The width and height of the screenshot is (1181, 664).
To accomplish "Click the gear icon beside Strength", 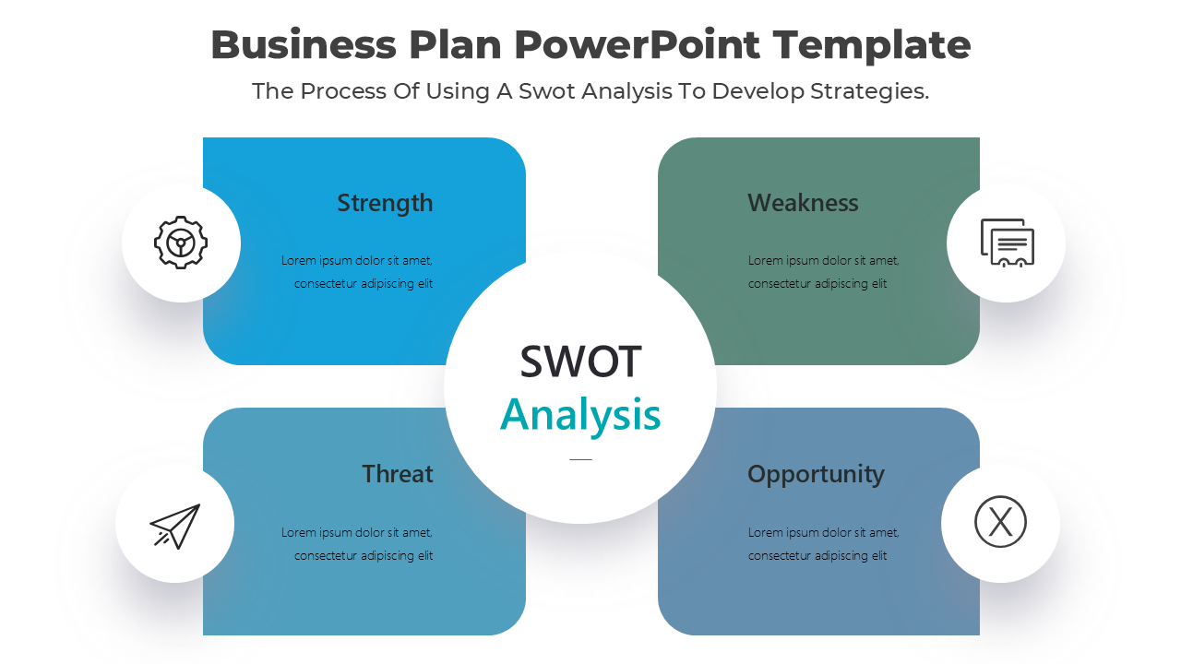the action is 181,243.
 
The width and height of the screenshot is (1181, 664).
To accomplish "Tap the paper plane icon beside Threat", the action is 175,527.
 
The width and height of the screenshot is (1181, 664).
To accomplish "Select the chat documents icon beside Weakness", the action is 1007,243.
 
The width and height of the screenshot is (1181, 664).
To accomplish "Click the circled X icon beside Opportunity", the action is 1000,522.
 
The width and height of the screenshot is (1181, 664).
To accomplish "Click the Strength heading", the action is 385,203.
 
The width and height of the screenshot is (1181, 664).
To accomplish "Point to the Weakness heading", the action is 803,203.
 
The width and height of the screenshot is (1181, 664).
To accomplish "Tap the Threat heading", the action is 398,474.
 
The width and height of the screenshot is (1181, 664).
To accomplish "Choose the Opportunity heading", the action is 816,475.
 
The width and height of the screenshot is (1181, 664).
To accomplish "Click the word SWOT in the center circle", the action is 580,362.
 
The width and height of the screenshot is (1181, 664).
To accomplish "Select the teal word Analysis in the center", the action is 580,416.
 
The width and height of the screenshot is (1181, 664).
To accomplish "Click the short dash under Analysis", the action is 580,459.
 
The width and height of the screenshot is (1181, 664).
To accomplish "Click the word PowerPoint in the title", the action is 637,45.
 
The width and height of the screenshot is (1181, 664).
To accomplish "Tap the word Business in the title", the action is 304,45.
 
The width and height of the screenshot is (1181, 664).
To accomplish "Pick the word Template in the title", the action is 872,46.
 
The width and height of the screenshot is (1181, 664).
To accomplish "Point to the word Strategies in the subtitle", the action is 869,91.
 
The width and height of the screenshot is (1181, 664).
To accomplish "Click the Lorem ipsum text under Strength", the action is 357,272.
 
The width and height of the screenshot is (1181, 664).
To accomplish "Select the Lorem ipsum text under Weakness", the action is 824,272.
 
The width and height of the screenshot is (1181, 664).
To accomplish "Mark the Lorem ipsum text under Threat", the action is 357,544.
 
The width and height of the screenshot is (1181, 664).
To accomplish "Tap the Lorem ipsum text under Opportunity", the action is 824,544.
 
